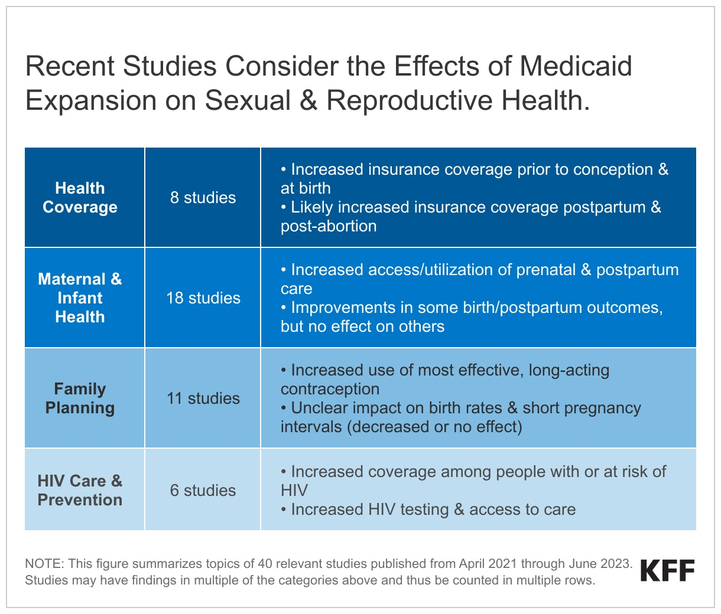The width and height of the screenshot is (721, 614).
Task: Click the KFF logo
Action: (x=667, y=571)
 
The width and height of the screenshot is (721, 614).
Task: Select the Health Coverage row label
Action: (x=80, y=198)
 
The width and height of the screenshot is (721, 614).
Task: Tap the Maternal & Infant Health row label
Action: (x=80, y=298)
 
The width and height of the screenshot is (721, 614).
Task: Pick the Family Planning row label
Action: (x=80, y=399)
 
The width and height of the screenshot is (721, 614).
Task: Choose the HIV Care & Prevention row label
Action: (x=80, y=491)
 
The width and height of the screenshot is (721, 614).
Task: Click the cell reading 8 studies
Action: (x=203, y=198)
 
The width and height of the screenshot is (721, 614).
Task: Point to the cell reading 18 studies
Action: (x=203, y=298)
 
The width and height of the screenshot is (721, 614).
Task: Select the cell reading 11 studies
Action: (x=203, y=399)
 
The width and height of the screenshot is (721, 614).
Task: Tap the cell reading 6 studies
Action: (x=203, y=491)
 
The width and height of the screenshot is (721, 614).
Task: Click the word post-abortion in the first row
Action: (x=329, y=226)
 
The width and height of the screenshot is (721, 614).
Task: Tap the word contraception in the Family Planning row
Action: (x=330, y=389)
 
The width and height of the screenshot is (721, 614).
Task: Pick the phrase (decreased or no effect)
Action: (x=434, y=427)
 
